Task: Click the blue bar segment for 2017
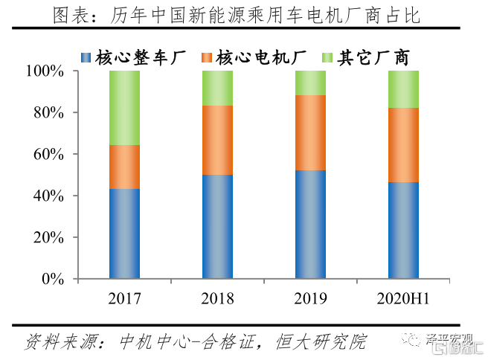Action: tap(124, 234)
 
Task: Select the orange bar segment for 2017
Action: tap(124, 167)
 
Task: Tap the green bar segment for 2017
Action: tap(124, 108)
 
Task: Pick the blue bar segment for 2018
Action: tap(217, 227)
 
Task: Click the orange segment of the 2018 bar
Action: tap(217, 140)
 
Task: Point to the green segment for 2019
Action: tap(310, 83)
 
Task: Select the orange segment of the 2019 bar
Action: tap(310, 132)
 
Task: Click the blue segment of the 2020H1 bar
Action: tap(403, 231)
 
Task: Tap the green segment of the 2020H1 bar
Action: tap(403, 89)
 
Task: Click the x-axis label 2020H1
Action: tap(403, 299)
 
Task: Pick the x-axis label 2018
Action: tap(217, 299)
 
